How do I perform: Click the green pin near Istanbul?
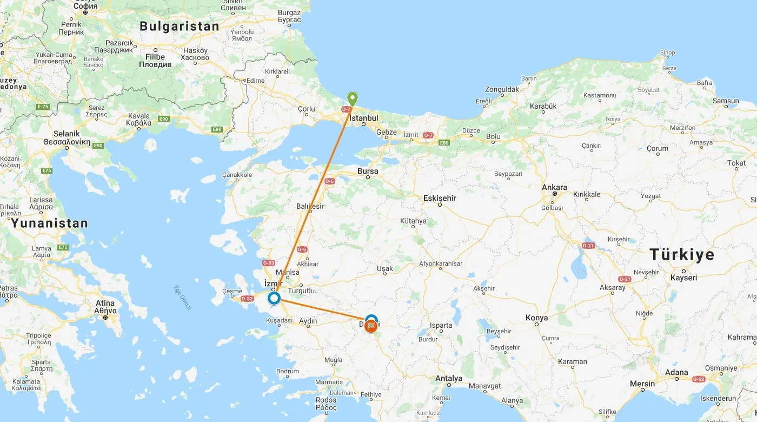353,99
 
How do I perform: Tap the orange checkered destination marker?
371,326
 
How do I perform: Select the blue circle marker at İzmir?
274,298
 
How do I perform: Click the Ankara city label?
555,188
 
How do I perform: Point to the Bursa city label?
368,172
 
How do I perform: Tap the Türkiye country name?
681,255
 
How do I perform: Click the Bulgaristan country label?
179,26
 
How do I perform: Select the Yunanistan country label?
50,223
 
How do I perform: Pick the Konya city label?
536,318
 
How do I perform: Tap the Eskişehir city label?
440,199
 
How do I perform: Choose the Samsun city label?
726,101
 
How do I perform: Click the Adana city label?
676,373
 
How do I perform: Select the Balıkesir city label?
310,207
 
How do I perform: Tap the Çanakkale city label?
237,175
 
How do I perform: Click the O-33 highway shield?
268,263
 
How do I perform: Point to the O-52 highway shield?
714,379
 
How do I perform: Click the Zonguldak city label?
502,90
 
